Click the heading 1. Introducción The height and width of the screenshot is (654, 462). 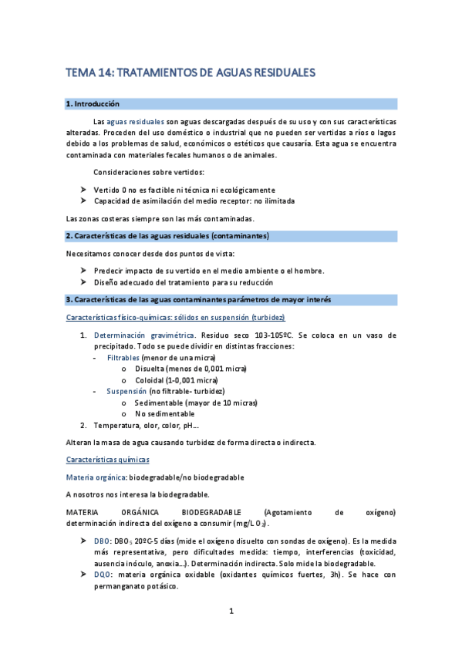tap(93, 103)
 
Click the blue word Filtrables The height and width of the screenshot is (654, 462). tap(123, 358)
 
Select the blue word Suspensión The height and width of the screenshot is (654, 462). tap(126, 391)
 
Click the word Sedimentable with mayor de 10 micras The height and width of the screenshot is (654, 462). tap(160, 403)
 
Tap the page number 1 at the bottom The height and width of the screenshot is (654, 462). tap(231, 612)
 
